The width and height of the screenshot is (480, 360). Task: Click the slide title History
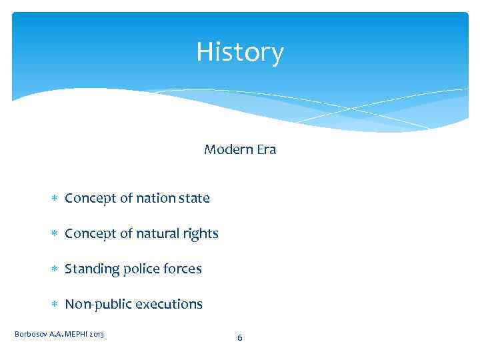(240, 52)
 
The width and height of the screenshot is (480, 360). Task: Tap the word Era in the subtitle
(265, 149)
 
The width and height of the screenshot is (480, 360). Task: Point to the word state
(194, 198)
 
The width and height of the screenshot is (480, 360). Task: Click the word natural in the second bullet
(159, 233)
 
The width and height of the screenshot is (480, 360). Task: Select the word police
(142, 269)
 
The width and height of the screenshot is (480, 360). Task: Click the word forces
(183, 269)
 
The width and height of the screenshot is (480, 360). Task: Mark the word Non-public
(98, 304)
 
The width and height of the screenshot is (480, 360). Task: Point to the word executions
(169, 304)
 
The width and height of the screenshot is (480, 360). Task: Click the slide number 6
(240, 338)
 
